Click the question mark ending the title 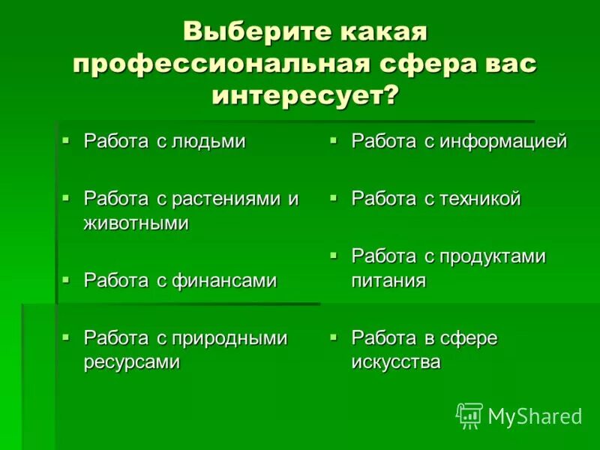pos(391,96)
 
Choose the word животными pos(136,223)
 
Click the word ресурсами pos(132,362)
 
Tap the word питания pos(388,280)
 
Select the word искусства pos(396,362)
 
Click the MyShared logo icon pos(469,415)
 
